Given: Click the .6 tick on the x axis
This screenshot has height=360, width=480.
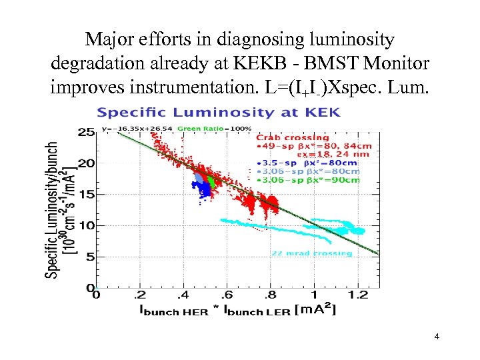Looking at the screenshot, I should [227, 295].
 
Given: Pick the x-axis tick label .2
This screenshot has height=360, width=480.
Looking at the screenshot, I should [139, 295].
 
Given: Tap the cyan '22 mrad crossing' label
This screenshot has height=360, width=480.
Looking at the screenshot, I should [311, 253].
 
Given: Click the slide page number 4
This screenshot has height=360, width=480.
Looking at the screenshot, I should [436, 337].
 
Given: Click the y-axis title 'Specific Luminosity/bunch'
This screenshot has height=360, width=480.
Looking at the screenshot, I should [52, 209].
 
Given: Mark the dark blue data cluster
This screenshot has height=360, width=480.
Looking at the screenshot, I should [201, 186].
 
